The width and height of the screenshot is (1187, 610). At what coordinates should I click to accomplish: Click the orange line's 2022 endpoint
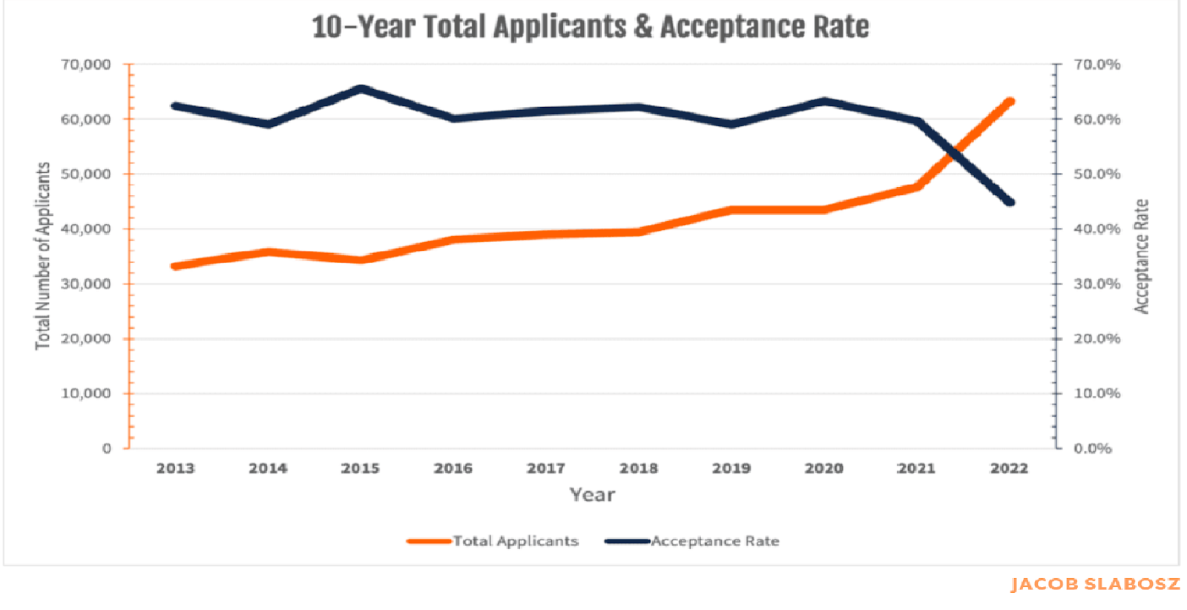pos(1009,102)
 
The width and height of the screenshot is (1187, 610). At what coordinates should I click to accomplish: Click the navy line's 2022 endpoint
pos(1010,202)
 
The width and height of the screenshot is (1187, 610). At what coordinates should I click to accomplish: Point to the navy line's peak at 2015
pos(361,89)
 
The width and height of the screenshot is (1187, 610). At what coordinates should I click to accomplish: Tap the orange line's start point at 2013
pos(176,266)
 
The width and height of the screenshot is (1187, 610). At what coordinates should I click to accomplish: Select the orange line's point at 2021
pos(918,186)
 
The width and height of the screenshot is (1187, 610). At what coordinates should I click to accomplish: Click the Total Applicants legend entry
pos(515,541)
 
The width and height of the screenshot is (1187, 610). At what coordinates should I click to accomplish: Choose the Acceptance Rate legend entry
pos(714,541)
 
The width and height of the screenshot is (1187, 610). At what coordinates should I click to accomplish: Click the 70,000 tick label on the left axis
pos(85,65)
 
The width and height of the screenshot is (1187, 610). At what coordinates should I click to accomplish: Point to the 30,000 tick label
pos(85,283)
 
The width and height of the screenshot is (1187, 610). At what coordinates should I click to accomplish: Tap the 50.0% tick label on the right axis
pos(1096,174)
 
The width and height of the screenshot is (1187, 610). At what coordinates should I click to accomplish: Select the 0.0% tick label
pos(1093,448)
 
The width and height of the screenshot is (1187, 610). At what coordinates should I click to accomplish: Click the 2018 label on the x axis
pos(639,468)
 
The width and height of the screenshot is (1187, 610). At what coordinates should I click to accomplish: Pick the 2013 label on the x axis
pos(175,468)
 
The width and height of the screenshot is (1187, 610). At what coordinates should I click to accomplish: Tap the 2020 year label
pos(824,468)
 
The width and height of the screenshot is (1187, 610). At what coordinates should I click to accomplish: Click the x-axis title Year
pos(592,495)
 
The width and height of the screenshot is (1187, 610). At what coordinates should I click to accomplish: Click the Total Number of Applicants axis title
pos(43,256)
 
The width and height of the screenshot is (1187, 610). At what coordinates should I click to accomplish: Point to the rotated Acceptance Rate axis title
pos(1141,256)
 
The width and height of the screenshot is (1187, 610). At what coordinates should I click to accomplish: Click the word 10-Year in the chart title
pos(363,27)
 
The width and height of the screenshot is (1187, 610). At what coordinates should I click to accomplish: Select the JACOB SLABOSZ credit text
pos(1095,584)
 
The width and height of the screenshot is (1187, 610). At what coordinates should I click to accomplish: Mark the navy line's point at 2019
pos(731,124)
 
